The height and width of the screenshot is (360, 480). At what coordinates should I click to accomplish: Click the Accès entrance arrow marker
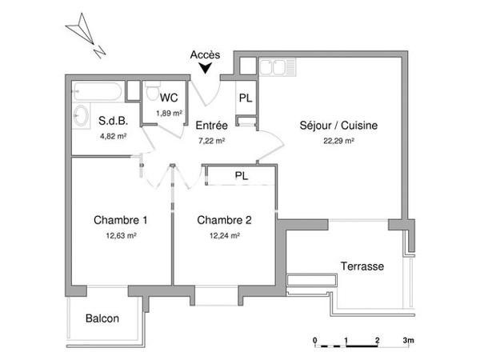click(206, 70)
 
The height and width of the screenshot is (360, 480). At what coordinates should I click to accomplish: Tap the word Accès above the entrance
click(206, 55)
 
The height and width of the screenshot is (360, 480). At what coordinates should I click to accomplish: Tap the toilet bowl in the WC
click(151, 93)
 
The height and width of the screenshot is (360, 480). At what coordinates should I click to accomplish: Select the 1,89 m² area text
click(169, 113)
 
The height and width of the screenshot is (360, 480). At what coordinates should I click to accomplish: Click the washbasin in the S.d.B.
click(80, 118)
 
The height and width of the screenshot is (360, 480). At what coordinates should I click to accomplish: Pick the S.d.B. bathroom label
click(112, 122)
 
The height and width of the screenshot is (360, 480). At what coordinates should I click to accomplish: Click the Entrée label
click(211, 126)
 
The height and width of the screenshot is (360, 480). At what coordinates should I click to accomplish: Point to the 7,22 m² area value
click(211, 140)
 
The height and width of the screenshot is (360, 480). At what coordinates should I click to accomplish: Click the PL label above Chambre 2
click(241, 174)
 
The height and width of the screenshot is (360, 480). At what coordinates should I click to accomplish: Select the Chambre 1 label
click(120, 220)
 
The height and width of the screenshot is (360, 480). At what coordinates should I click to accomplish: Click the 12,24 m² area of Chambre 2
click(224, 235)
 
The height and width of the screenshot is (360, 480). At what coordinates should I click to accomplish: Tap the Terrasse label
click(362, 266)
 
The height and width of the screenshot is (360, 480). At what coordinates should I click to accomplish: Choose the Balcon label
click(102, 318)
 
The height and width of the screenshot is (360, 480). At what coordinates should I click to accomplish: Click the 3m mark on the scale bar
click(408, 340)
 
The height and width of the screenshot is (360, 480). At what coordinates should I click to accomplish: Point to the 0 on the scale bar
click(314, 340)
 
